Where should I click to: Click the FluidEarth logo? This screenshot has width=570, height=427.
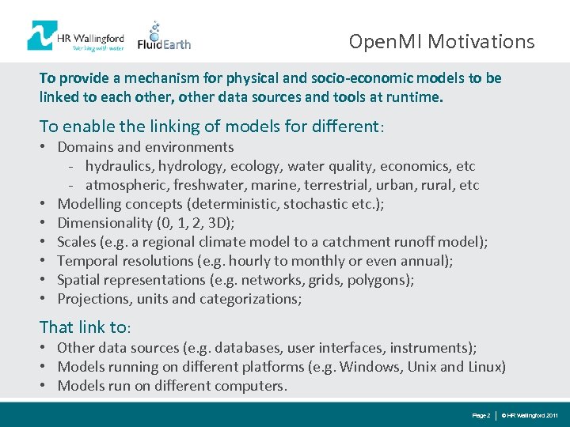tap(165, 37)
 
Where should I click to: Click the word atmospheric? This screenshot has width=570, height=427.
tap(125, 185)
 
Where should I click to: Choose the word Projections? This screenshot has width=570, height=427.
tap(93, 299)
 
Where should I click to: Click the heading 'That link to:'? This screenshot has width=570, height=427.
tap(85, 327)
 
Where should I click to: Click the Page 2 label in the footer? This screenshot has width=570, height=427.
tap(481, 415)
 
